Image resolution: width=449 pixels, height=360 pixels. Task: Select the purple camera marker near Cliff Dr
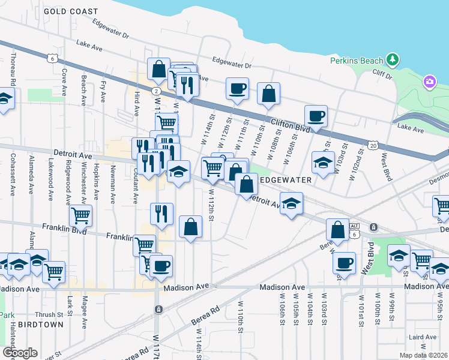point(429,82)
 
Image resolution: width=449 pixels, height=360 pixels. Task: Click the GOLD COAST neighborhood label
point(71,11)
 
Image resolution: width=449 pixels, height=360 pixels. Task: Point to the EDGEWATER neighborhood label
point(285,180)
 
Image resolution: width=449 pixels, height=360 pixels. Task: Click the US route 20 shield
point(373,146)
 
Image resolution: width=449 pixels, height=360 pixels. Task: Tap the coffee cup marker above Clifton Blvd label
point(315,116)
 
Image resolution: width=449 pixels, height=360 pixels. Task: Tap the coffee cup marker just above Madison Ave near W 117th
point(160,266)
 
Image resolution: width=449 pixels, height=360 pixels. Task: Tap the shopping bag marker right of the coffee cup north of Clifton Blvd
point(268,93)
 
